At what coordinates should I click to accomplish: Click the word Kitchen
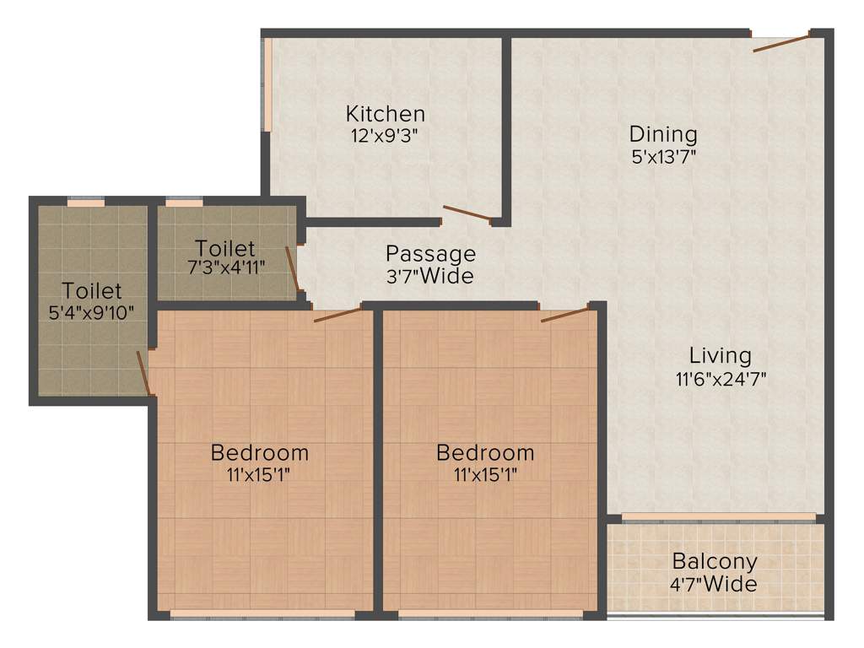click(x=385, y=113)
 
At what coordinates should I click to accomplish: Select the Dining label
click(x=663, y=134)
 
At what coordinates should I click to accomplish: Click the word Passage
click(x=430, y=253)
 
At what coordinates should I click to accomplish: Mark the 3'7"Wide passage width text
click(x=430, y=275)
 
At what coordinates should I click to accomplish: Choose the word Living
click(x=720, y=355)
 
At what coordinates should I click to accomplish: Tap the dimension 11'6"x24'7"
click(x=720, y=378)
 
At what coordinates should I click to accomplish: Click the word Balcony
click(x=715, y=561)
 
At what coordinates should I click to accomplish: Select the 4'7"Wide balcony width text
click(x=715, y=583)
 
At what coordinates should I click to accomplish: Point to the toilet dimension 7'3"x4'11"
click(x=225, y=270)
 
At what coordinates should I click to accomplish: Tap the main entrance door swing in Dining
click(x=781, y=43)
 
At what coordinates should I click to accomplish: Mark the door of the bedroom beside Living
click(x=564, y=315)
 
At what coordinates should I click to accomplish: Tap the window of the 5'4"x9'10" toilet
click(x=85, y=202)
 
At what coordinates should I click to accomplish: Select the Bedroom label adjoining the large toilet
click(x=259, y=452)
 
